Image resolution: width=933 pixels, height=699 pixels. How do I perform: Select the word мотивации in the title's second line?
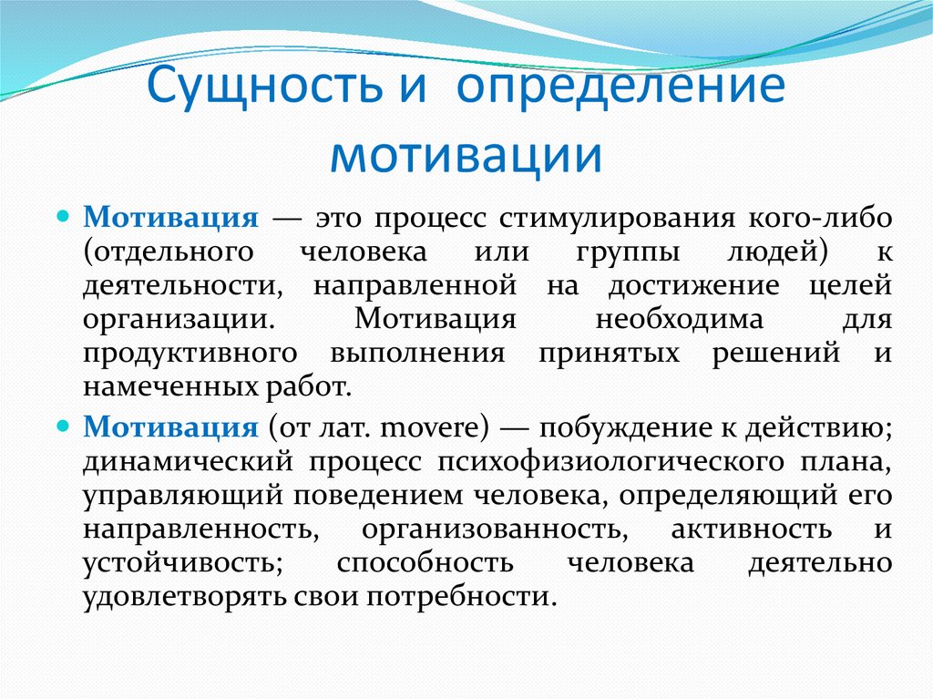466,155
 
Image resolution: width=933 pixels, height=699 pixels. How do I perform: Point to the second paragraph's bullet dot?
63,426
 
